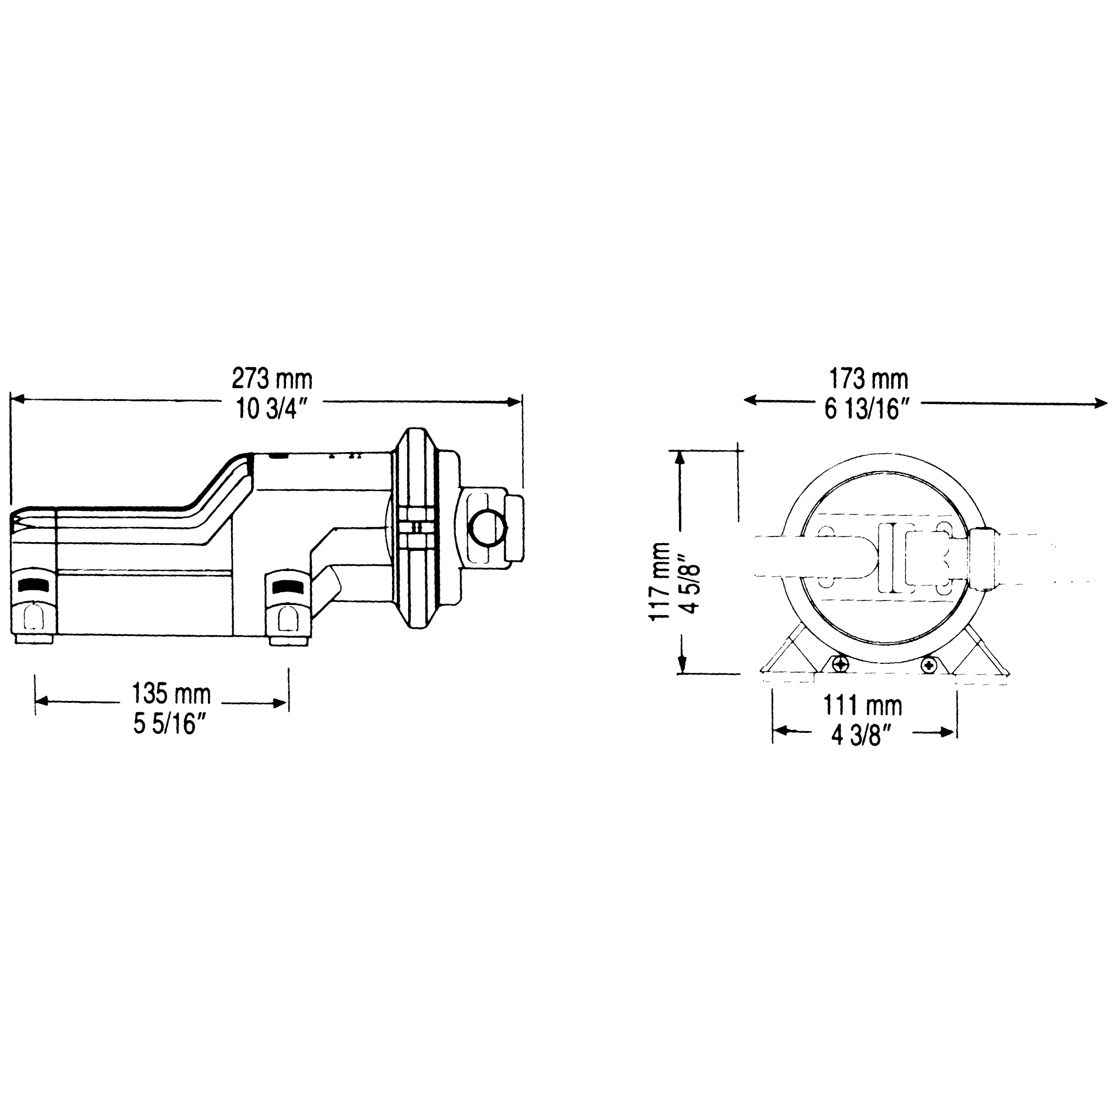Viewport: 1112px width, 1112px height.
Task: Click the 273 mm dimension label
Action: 272,379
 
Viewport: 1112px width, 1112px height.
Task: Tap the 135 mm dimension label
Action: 171,693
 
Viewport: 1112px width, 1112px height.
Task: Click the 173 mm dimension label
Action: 868,379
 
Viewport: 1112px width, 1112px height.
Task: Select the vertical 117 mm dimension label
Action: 659,581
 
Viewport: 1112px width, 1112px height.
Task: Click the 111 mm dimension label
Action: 863,705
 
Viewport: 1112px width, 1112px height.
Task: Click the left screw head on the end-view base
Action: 841,665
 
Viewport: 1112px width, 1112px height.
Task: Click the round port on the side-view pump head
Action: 488,528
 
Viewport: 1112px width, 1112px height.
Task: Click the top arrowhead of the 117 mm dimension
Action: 681,458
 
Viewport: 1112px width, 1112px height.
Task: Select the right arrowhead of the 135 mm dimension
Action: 280,702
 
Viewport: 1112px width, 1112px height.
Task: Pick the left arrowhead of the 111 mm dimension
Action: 781,732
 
